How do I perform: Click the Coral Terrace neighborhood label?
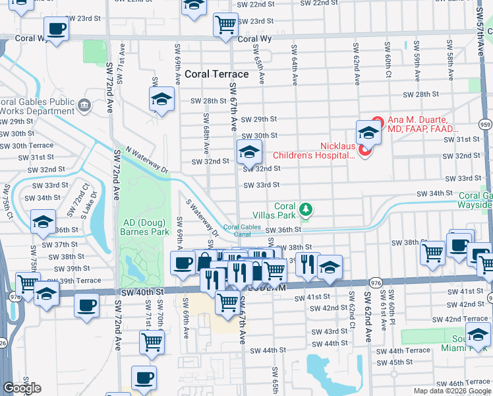click(217, 74)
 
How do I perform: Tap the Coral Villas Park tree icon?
click(304, 210)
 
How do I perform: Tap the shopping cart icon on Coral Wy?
click(225, 24)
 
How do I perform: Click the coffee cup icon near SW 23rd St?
click(57, 29)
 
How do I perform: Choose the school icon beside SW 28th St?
click(161, 100)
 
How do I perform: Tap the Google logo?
click(22, 388)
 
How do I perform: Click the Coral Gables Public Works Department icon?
click(84, 105)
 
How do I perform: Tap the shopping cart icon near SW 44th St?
click(152, 342)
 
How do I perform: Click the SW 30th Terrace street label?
click(27, 145)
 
